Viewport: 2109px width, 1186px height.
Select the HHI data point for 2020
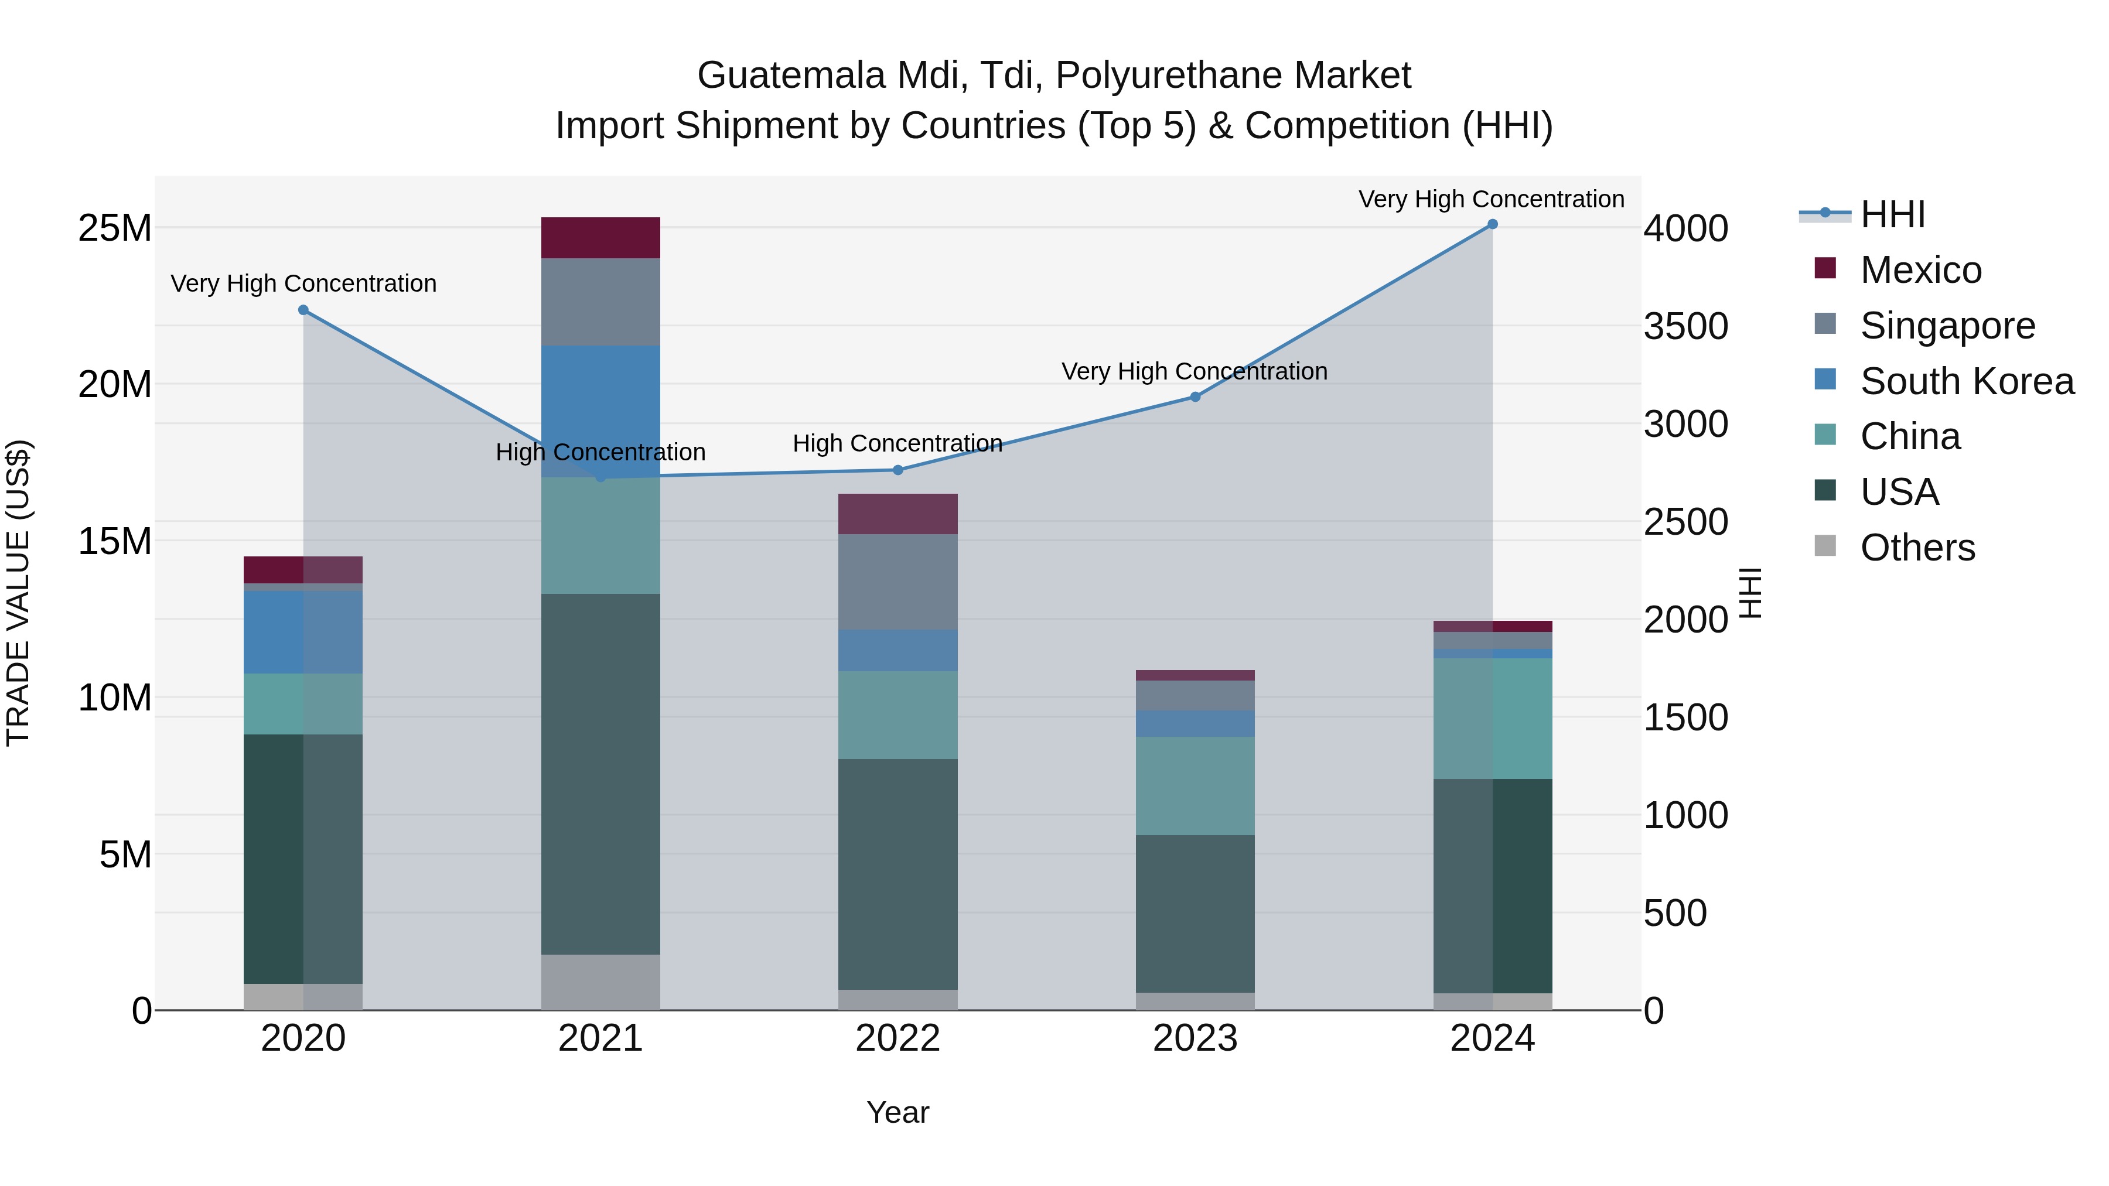[303, 310]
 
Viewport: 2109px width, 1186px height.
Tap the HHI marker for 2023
[1195, 397]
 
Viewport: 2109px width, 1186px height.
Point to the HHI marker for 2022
[897, 470]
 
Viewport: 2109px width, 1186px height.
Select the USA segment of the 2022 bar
[897, 874]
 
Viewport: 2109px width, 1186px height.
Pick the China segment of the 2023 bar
[1195, 786]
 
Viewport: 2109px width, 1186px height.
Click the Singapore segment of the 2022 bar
[897, 582]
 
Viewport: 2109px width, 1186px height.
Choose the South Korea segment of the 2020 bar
[303, 633]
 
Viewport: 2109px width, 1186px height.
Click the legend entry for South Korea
[1967, 381]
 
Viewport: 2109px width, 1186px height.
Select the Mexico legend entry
[1921, 270]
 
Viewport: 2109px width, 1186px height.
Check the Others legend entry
[1917, 548]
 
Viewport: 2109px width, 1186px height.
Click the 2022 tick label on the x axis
[897, 1038]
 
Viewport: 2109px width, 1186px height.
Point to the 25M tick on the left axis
[115, 228]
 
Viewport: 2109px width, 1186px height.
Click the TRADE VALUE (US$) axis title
[18, 593]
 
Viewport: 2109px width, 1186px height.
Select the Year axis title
[897, 1112]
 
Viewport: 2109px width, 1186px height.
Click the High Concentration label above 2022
[897, 443]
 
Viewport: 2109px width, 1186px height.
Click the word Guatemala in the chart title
[791, 76]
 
